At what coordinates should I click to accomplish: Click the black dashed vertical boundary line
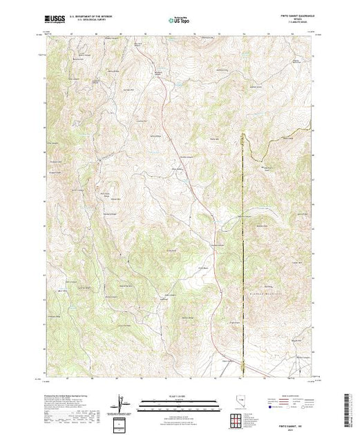coord(243,242)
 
